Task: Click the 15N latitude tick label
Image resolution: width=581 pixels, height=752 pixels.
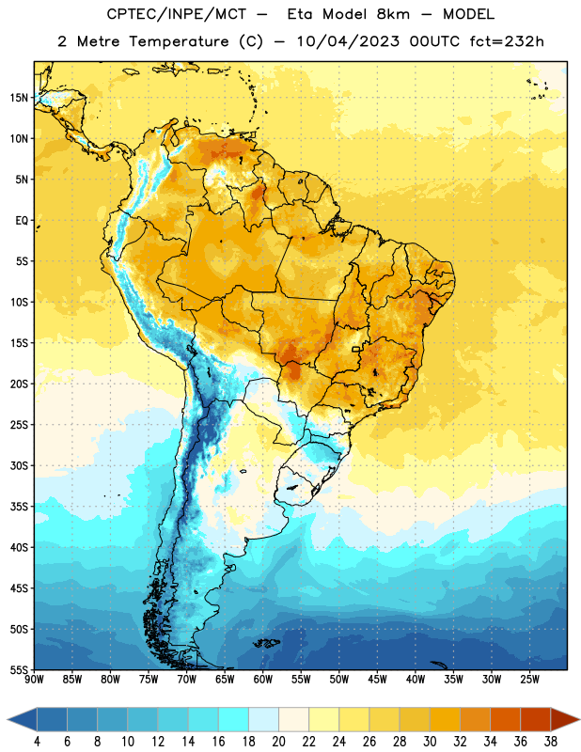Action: pyautogui.click(x=19, y=98)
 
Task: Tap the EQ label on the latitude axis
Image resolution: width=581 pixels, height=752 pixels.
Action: pyautogui.click(x=22, y=221)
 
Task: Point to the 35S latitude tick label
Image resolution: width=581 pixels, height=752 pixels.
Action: pyautogui.click(x=19, y=507)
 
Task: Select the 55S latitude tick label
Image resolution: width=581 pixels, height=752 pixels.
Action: pyautogui.click(x=19, y=669)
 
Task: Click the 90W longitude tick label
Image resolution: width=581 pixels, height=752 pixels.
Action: pyautogui.click(x=34, y=679)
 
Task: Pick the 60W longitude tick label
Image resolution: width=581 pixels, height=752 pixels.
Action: pyautogui.click(x=263, y=679)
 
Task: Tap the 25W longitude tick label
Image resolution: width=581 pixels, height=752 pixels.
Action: pyautogui.click(x=529, y=679)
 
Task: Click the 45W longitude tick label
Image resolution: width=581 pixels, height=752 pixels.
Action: pyautogui.click(x=377, y=679)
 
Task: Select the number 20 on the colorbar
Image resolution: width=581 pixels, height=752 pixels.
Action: pyautogui.click(x=278, y=742)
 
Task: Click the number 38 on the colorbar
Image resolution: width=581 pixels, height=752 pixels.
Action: pyautogui.click(x=551, y=742)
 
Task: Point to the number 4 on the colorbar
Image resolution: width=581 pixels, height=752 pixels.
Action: pyautogui.click(x=37, y=742)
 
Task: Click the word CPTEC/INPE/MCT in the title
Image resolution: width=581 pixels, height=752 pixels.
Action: pyautogui.click(x=177, y=14)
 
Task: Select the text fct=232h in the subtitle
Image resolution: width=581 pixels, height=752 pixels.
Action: pyautogui.click(x=507, y=41)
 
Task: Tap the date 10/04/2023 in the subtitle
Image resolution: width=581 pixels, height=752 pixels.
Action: pyautogui.click(x=348, y=41)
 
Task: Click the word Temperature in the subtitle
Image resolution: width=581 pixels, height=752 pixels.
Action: pyautogui.click(x=179, y=41)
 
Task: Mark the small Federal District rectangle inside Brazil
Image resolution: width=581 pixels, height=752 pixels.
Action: pyautogui.click(x=356, y=349)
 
